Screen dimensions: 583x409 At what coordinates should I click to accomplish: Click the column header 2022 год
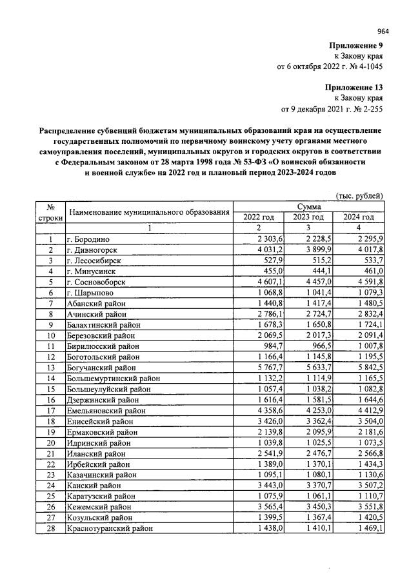258,217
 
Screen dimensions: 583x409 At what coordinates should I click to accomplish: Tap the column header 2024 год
359,217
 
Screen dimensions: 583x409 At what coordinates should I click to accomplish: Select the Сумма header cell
309,206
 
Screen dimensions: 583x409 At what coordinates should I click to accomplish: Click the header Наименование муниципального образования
150,212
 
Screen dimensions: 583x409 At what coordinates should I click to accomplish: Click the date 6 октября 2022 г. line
330,66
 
